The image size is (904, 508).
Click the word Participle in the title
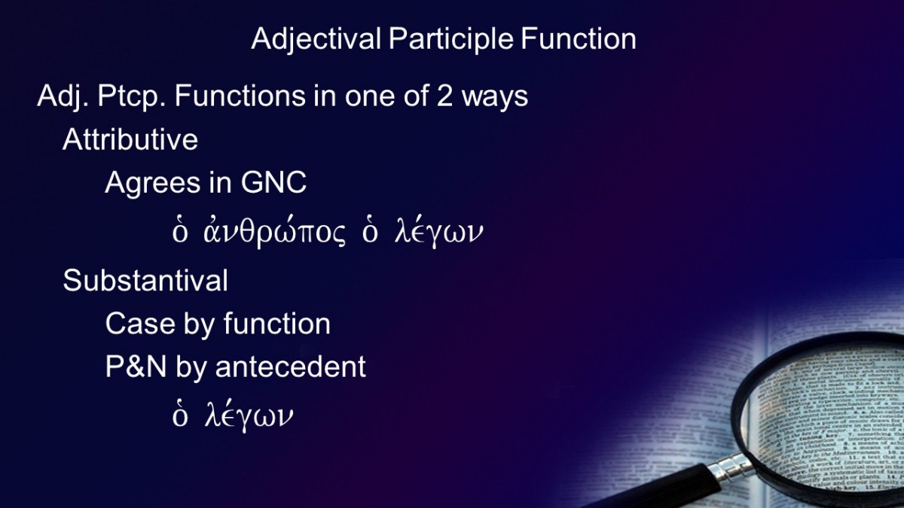[x=450, y=39]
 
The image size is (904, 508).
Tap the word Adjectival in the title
[x=316, y=39]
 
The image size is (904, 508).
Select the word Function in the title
[x=579, y=38]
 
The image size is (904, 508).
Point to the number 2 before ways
[x=444, y=96]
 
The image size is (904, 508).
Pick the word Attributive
[x=130, y=139]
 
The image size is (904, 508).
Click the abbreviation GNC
[x=273, y=183]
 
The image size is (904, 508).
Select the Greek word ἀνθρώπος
[x=274, y=232]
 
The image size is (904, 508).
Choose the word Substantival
[x=145, y=280]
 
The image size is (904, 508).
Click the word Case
[x=140, y=324]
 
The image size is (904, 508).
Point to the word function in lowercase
[x=277, y=324]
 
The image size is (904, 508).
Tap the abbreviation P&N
[x=136, y=367]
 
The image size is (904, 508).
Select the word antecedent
[x=291, y=367]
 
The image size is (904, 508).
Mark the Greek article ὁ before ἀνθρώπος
[x=180, y=232]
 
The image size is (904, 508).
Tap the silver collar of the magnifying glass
[x=731, y=467]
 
